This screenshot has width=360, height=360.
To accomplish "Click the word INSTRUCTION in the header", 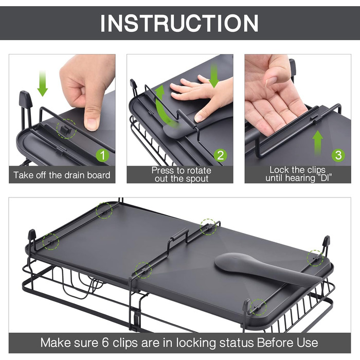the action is point(179,23).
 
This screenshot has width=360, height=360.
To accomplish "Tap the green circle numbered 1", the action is point(103,155).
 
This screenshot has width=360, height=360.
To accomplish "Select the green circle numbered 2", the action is point(221,155).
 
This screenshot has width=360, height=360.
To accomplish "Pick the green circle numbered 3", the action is point(338,155).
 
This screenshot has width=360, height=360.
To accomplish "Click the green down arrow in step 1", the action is point(43,83).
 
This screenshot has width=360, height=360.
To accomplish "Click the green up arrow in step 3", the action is point(318,142).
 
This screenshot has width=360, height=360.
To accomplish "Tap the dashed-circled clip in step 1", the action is point(66,129).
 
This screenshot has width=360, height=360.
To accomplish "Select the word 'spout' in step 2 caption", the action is point(197,179).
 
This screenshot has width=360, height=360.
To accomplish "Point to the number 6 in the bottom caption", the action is point(105,343).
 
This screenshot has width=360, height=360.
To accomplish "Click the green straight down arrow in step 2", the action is point(214,76).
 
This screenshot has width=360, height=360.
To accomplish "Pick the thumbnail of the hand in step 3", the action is point(271,81).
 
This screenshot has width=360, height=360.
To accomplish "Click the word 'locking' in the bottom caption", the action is point(196,343).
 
